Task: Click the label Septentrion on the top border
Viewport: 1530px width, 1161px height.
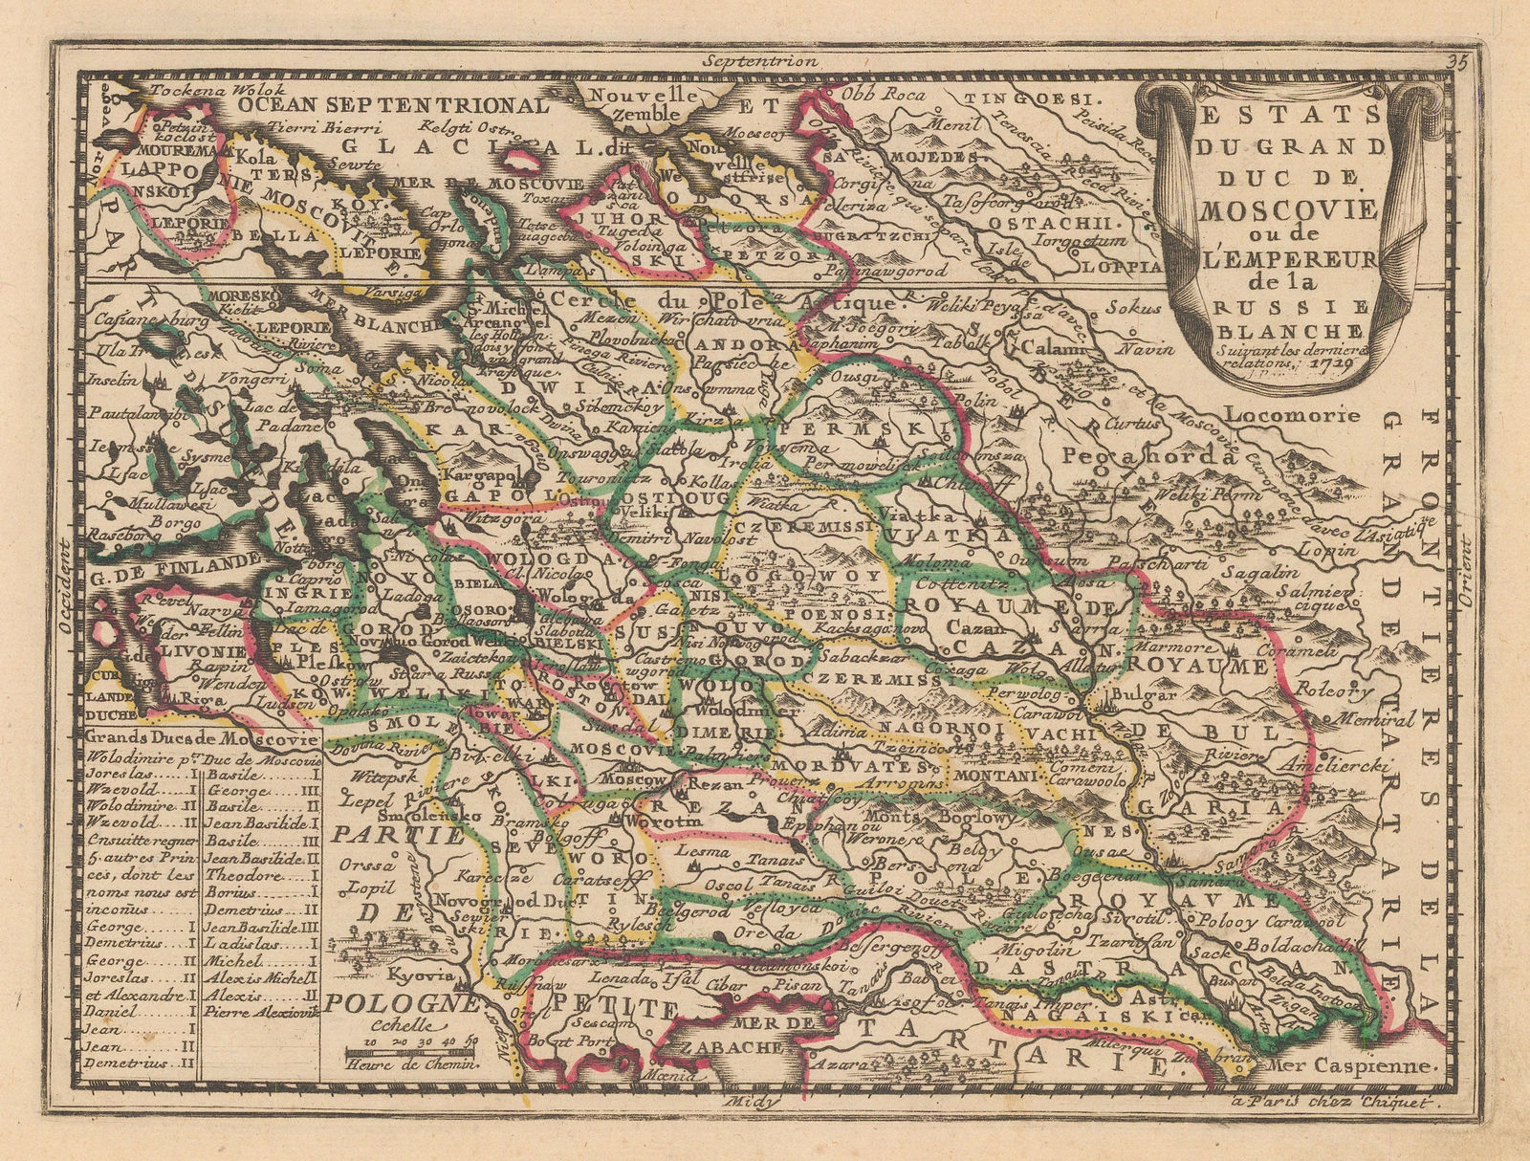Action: tap(758, 60)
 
